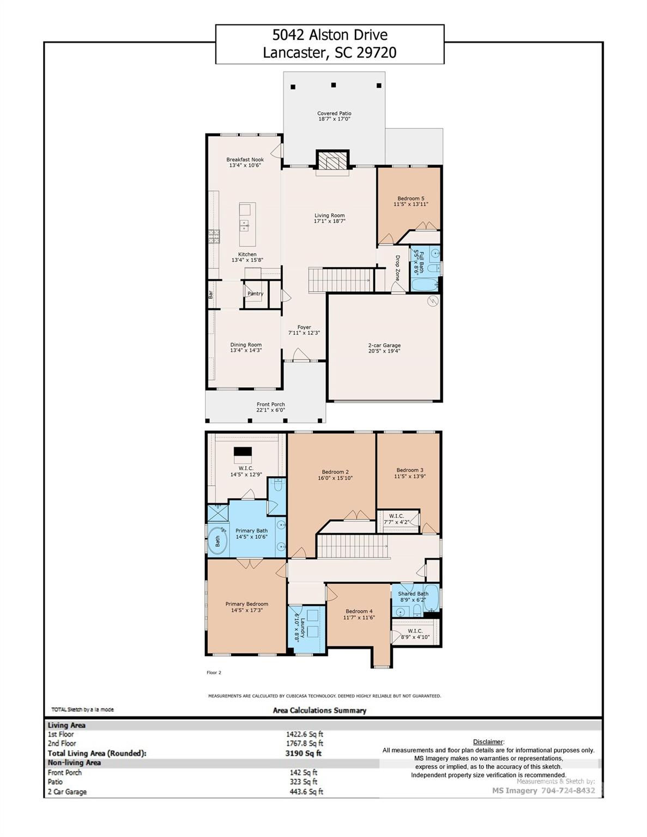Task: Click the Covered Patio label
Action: point(334,113)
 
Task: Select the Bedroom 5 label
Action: point(410,198)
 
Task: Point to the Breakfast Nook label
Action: point(245,160)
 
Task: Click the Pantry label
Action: point(255,294)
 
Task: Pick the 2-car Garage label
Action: point(384,345)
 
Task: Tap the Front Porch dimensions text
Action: point(271,410)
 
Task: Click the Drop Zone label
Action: point(398,268)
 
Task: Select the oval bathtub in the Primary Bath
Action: point(218,540)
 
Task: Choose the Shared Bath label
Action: point(413,593)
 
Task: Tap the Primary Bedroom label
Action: point(246,604)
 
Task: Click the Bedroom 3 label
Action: point(409,470)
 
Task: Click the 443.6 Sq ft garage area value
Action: point(306,792)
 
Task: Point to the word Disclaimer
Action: point(488,742)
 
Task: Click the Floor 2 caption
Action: point(214,672)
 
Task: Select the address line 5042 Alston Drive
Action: point(330,35)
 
